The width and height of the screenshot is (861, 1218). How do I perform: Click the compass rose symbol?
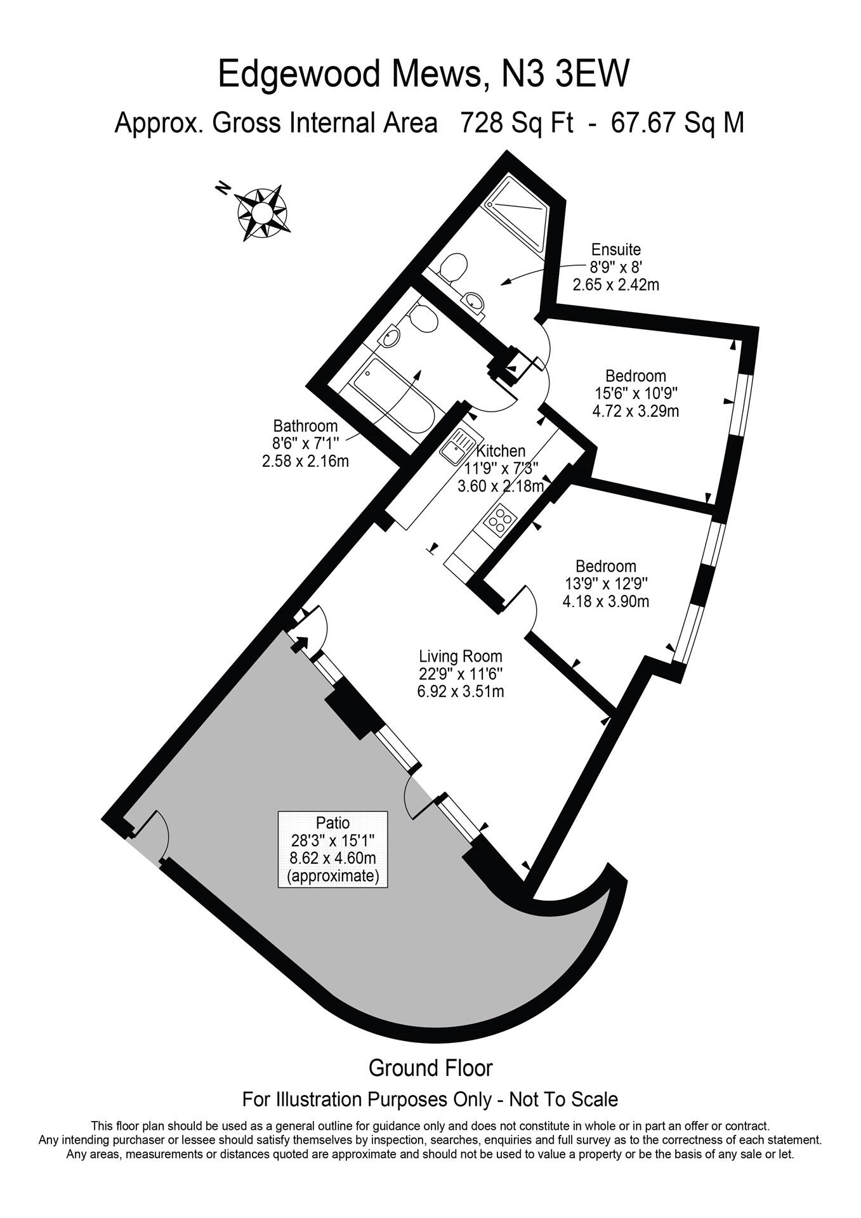(262, 212)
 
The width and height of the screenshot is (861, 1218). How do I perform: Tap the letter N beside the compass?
(222, 188)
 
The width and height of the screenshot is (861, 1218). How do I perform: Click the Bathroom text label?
(305, 426)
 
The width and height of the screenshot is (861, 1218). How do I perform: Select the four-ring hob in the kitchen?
(500, 520)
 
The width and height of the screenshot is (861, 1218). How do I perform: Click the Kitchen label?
(501, 451)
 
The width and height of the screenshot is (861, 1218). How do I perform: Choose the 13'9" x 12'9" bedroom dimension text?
(606, 583)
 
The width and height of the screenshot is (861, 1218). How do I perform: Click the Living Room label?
(460, 657)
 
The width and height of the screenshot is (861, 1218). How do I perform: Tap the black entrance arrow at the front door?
(299, 643)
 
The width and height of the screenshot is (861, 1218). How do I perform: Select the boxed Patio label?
(332, 849)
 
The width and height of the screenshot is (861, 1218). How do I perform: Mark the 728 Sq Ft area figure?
(516, 122)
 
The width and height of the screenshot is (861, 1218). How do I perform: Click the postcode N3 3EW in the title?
(565, 74)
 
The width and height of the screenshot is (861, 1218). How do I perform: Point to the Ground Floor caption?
(430, 1068)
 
